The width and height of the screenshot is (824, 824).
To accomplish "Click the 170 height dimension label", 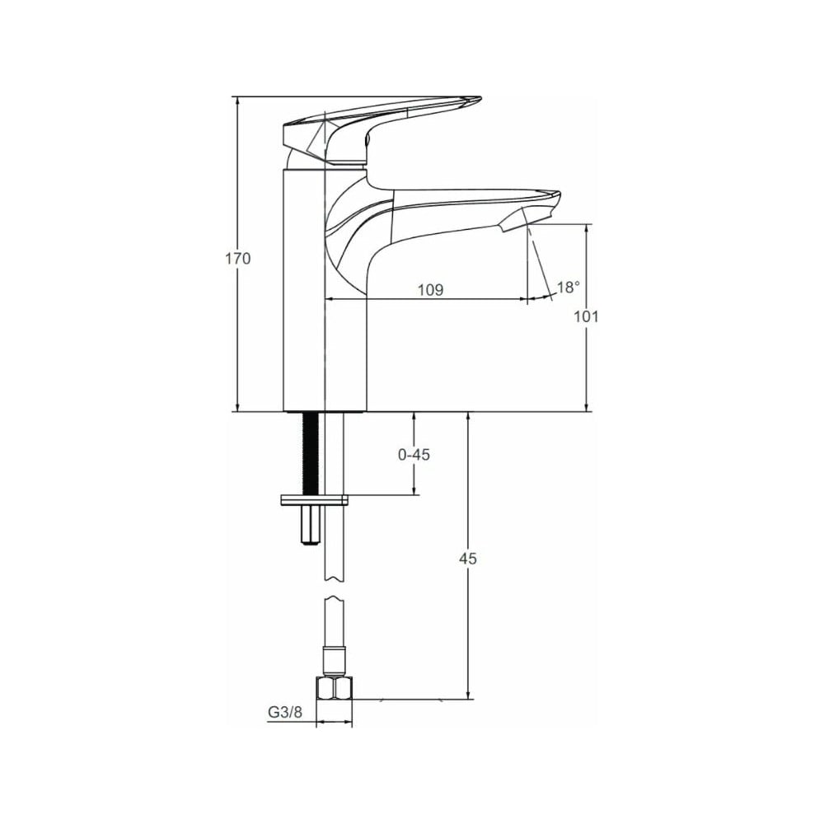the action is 238,259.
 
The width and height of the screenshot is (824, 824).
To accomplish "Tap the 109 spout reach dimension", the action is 430,289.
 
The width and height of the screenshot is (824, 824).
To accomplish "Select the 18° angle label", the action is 569,287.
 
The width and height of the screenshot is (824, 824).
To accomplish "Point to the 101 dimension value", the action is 586,317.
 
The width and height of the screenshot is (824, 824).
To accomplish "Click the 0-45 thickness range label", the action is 414,454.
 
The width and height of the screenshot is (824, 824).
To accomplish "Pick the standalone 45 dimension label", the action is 468,559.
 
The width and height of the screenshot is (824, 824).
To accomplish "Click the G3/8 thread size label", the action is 285,712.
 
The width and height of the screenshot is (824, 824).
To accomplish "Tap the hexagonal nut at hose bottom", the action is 335,688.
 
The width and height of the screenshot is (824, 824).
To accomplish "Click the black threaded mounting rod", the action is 310,453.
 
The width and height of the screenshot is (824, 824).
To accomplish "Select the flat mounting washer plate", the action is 315,500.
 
